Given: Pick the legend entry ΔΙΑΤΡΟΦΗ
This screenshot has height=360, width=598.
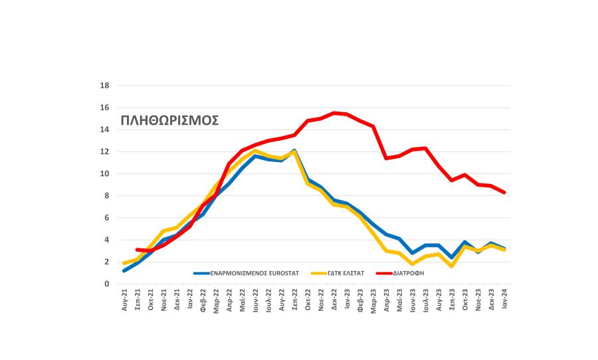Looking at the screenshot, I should tap(409, 272).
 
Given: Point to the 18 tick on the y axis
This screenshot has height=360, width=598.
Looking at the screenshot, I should tap(104, 86).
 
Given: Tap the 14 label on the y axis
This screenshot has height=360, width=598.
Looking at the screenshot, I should tap(104, 130).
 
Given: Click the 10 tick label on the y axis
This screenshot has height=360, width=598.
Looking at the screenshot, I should tap(104, 174).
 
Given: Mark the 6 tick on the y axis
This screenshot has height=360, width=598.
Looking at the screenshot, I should tap(106, 218).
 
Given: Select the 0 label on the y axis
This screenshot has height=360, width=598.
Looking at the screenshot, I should tap(106, 284).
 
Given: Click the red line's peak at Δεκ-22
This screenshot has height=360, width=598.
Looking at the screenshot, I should tap(334, 113).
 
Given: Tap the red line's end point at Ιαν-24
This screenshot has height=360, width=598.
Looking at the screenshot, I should tap(504, 193).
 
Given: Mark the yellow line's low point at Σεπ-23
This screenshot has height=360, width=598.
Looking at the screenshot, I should tap(452, 266).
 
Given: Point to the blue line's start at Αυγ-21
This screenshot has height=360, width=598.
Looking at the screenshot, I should tap(124, 271).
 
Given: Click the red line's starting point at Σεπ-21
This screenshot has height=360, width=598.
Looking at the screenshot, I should tap(138, 250).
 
